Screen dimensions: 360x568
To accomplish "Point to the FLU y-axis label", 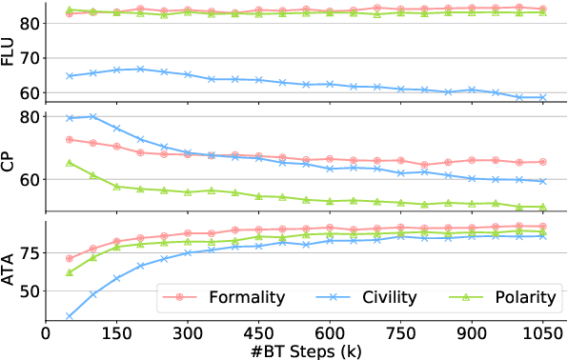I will click(x=10, y=50).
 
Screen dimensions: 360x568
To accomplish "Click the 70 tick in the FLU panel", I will click(x=29, y=58).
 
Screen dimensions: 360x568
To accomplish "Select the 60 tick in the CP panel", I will click(x=29, y=179).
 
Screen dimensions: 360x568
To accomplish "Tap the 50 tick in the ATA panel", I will click(x=29, y=290).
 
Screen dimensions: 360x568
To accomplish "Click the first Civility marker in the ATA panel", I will click(x=70, y=316).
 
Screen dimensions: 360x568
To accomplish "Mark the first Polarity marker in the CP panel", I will click(x=70, y=163).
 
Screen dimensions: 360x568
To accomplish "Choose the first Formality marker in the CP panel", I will click(x=70, y=140).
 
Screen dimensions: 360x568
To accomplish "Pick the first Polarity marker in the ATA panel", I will click(x=70, y=272).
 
